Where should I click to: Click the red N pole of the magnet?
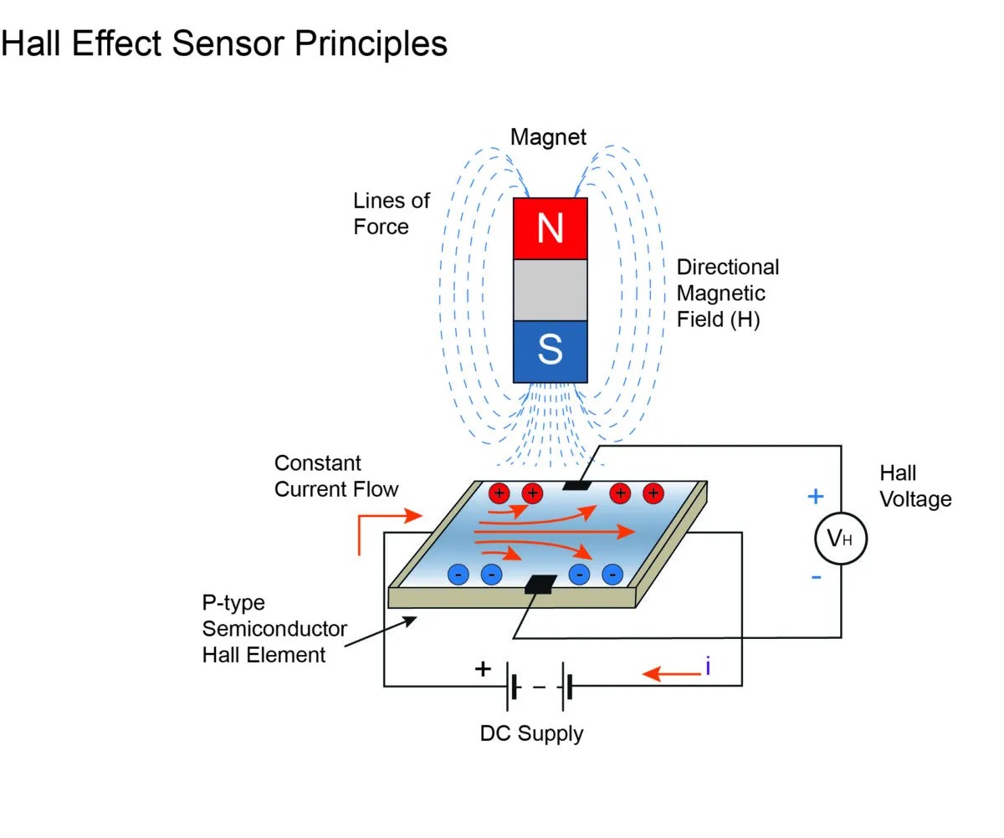tap(550, 228)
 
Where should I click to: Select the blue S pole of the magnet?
tap(550, 351)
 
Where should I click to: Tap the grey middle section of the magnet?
tap(550, 290)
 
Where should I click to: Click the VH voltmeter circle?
tap(840, 539)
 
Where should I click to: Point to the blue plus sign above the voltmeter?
tap(815, 497)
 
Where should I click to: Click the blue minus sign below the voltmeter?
tap(816, 578)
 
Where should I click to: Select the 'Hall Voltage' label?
tap(915, 486)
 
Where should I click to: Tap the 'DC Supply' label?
tap(531, 733)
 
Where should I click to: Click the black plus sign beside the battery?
tap(483, 669)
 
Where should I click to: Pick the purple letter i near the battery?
tap(708, 667)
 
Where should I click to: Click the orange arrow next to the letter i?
tap(672, 672)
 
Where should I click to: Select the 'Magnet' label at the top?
tap(549, 137)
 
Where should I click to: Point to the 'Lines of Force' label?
tap(391, 213)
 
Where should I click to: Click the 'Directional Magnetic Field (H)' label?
tap(727, 293)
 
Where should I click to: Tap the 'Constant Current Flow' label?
tap(336, 476)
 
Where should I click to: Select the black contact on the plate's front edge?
tap(540, 585)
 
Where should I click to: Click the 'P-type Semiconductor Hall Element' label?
tap(274, 628)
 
